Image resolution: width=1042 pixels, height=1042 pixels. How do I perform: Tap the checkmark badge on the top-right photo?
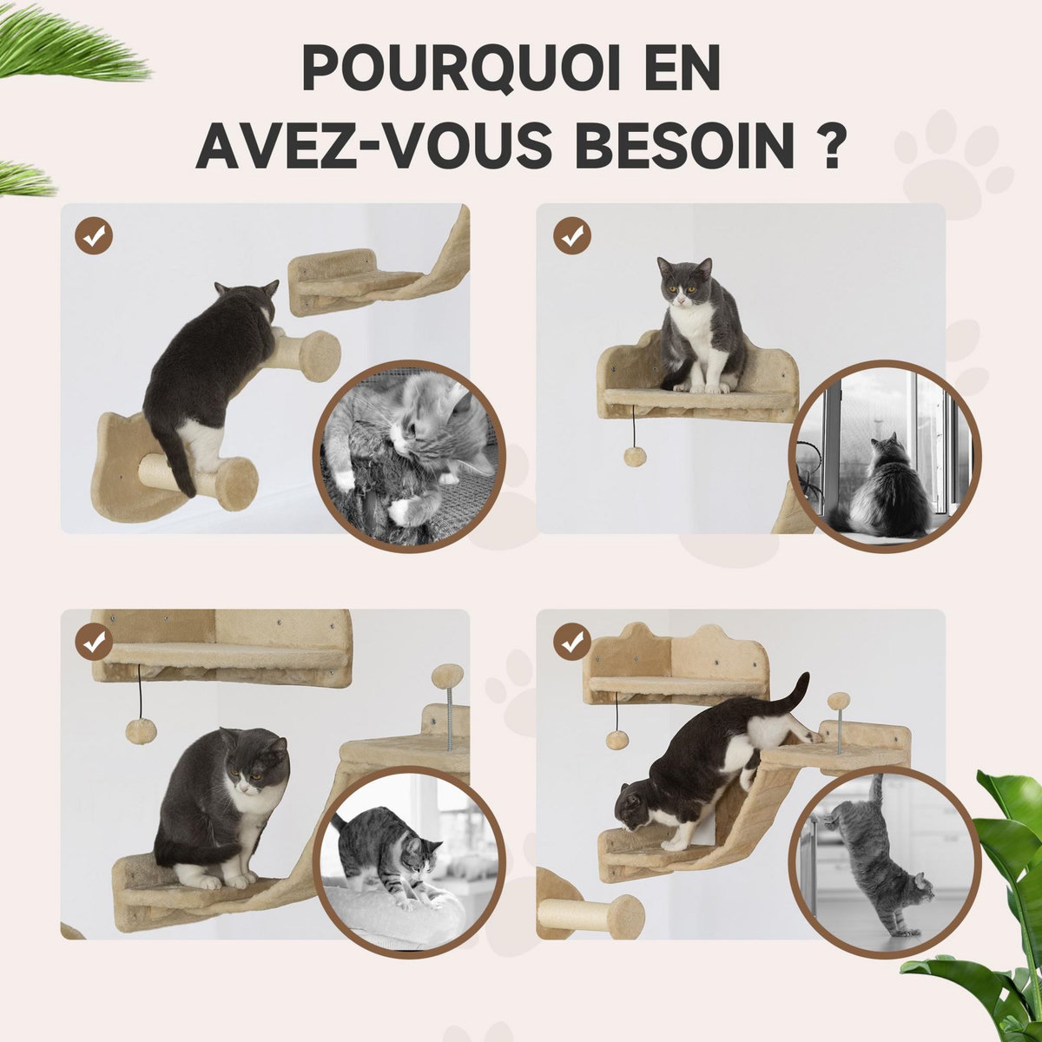click(x=571, y=234)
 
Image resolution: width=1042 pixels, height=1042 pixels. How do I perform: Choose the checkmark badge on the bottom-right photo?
click(x=571, y=642)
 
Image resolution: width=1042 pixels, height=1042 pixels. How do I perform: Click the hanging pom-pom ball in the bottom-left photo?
click(x=137, y=729)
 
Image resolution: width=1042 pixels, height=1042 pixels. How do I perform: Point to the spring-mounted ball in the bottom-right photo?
click(x=838, y=701)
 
